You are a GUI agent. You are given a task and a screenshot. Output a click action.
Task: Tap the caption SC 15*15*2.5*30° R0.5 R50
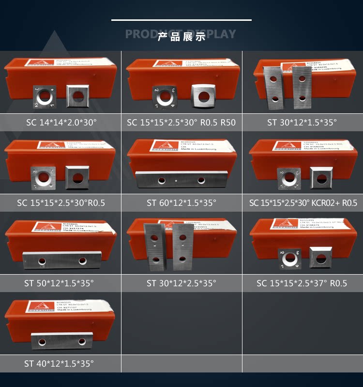coord(181,122)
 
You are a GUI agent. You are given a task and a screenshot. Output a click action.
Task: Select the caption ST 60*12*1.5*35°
coord(181,202)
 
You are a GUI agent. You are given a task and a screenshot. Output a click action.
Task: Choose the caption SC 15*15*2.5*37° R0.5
coord(302,283)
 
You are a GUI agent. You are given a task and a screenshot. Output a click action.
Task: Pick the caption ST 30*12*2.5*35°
coord(181,283)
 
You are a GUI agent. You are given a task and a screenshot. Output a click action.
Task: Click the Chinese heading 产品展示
coord(181,37)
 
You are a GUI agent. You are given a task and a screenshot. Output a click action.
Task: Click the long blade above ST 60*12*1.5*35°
coord(181,180)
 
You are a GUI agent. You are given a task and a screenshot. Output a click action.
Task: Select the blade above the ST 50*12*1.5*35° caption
coord(61,261)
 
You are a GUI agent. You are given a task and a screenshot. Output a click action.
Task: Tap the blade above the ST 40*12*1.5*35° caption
coord(61,341)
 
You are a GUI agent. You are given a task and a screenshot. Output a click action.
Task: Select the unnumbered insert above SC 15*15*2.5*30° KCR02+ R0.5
coord(321,177)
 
